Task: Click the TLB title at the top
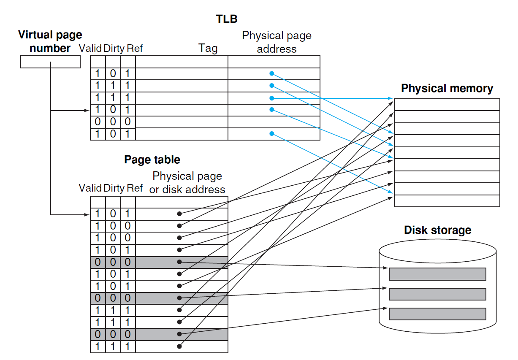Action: tap(227, 19)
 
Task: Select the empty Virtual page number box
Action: tap(50, 62)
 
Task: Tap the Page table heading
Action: tap(152, 160)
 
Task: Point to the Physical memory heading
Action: tap(447, 89)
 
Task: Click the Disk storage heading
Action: tap(437, 230)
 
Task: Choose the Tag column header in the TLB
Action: tap(208, 49)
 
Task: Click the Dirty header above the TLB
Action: tap(114, 49)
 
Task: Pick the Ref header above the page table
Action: tap(135, 188)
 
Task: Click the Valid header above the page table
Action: tap(90, 188)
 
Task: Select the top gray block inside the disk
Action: tap(437, 274)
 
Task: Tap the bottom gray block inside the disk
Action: tap(437, 314)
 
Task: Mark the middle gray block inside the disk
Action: tap(437, 294)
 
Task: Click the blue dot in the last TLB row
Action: tap(271, 134)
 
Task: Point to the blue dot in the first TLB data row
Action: tap(271, 73)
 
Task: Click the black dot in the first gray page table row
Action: tap(179, 262)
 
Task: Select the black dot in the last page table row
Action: tap(179, 346)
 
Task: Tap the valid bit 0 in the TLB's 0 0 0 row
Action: tap(98, 122)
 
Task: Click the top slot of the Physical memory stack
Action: tap(447, 105)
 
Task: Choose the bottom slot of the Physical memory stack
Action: tap(447, 201)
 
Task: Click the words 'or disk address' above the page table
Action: tap(187, 190)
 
